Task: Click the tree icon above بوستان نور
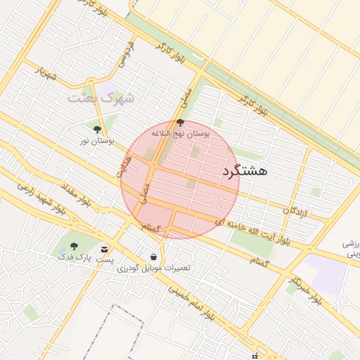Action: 97,129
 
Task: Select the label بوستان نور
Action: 95,141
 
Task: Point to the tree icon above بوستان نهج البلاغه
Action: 180,122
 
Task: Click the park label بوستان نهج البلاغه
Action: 181,133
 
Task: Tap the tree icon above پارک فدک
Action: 74,246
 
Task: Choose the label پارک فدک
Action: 73,258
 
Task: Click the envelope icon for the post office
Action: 105,249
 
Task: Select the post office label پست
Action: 105,260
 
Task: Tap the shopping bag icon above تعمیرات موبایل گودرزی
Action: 154,257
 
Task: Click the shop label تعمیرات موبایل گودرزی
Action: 154,268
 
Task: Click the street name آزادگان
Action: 295,210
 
